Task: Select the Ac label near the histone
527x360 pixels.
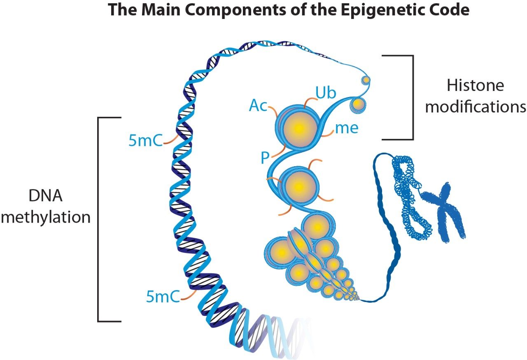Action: pyautogui.click(x=258, y=106)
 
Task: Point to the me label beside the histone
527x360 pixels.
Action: pyautogui.click(x=347, y=128)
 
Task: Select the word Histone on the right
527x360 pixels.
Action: pyautogui.click(x=475, y=86)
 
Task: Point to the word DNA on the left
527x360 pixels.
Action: pyautogui.click(x=45, y=196)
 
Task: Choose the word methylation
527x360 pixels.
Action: pyautogui.click(x=45, y=217)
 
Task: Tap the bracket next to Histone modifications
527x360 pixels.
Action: pyautogui.click(x=412, y=98)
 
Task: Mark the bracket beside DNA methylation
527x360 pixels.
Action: pyautogui.click(x=98, y=219)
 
